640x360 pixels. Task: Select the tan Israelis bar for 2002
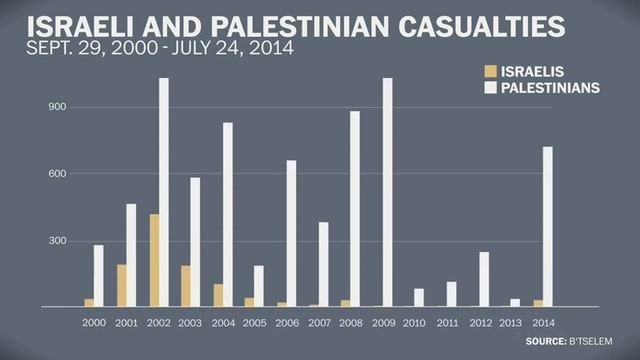(x=153, y=260)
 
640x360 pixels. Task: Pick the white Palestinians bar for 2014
(x=548, y=226)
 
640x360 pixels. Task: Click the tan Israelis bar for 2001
(x=121, y=285)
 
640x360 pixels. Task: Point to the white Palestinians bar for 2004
(x=228, y=214)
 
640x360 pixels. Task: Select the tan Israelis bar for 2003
(x=185, y=285)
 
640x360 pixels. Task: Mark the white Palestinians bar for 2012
(x=484, y=279)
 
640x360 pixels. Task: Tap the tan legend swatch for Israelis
(x=489, y=71)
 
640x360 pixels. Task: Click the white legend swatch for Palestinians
(x=489, y=88)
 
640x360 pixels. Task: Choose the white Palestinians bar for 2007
(x=324, y=264)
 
